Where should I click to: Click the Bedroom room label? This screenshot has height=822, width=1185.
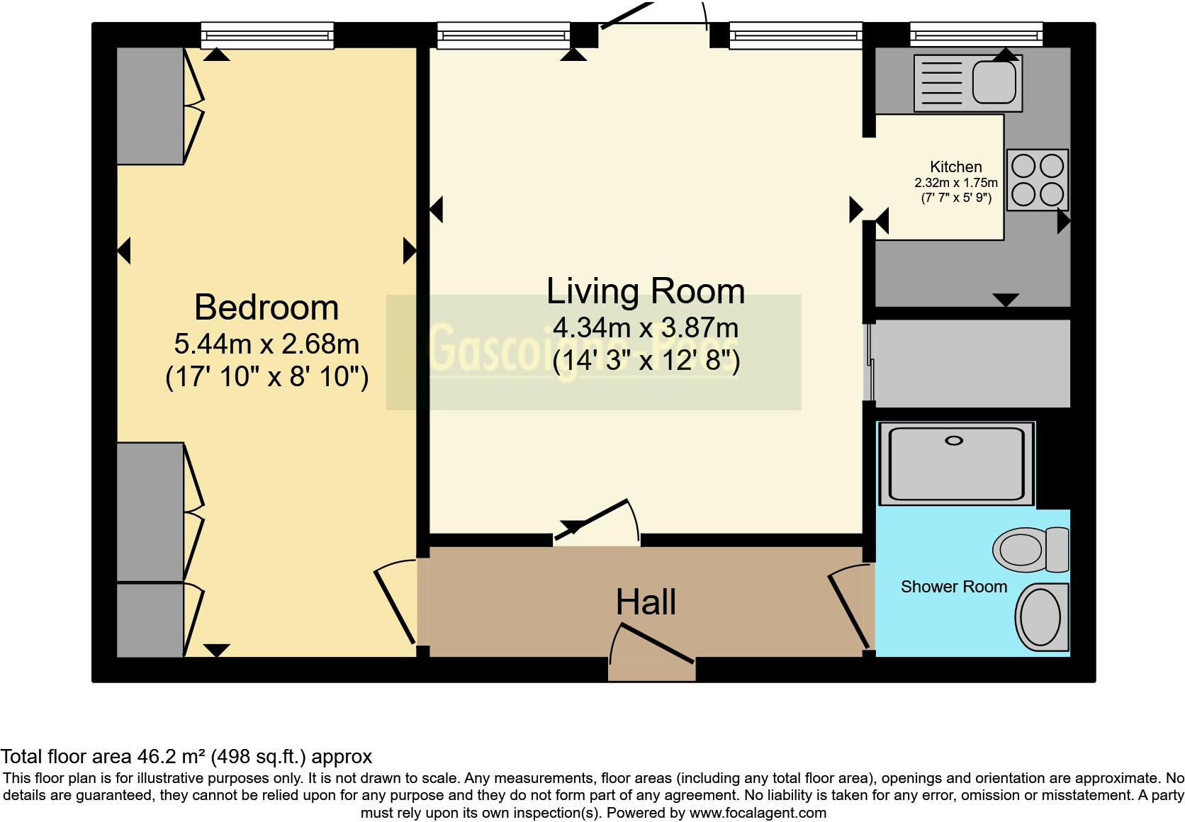266,308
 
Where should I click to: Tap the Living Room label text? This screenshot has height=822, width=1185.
646,291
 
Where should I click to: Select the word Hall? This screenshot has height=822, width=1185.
646,602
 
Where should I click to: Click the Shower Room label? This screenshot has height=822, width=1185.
953,587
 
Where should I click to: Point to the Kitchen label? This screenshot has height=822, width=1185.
955,167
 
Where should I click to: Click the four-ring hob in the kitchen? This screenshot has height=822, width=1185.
1037,180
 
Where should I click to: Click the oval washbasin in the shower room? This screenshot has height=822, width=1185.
1040,617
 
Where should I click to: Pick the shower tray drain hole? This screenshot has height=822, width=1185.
954,441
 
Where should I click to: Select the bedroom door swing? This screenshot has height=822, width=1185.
393,602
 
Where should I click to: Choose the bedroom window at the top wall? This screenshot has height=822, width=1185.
267,35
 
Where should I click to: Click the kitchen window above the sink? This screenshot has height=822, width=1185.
976,35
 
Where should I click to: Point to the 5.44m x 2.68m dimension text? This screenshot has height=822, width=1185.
266,344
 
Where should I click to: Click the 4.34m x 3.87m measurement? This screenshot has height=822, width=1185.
646,328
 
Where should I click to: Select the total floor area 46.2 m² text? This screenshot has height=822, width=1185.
186,757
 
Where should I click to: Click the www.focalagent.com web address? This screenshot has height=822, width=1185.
758,813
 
